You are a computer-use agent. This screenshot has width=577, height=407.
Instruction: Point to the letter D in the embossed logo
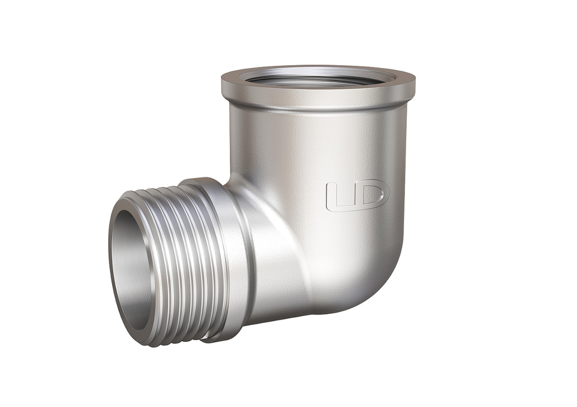pos(372,195)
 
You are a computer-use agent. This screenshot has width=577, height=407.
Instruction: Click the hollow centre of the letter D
pos(372,195)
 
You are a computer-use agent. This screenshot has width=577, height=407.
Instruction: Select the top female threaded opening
pos(318,77)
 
